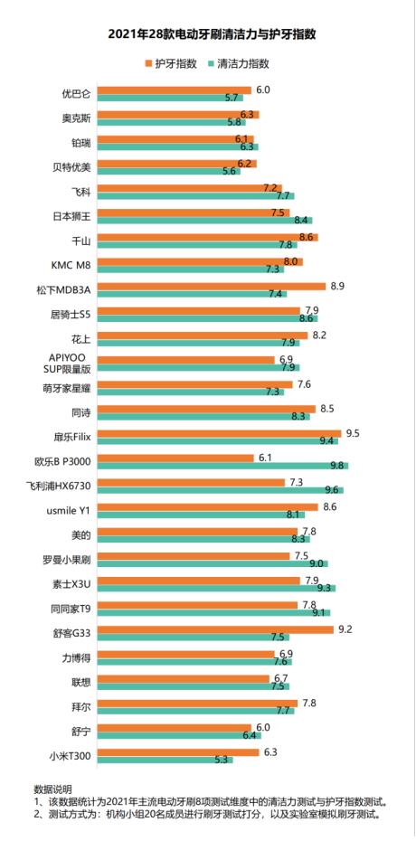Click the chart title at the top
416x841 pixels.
(x=208, y=33)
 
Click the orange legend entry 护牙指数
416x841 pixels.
(x=172, y=64)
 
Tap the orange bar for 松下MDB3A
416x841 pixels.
(x=212, y=286)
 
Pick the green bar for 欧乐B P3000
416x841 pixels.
(x=223, y=465)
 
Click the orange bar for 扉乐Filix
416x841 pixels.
(x=219, y=433)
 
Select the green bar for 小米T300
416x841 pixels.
(x=165, y=759)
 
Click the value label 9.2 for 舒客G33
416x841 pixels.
(x=345, y=628)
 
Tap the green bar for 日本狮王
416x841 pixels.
(x=205, y=220)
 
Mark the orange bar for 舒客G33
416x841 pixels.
(x=215, y=628)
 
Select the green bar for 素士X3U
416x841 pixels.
(x=216, y=588)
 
